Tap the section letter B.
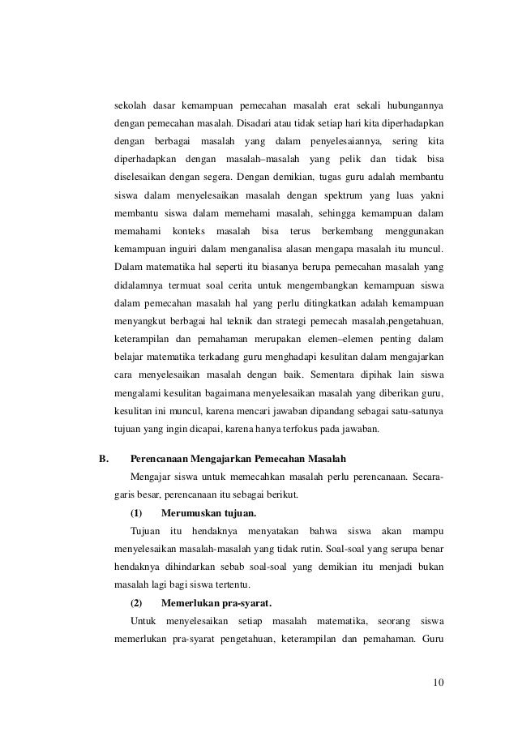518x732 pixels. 103,457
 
